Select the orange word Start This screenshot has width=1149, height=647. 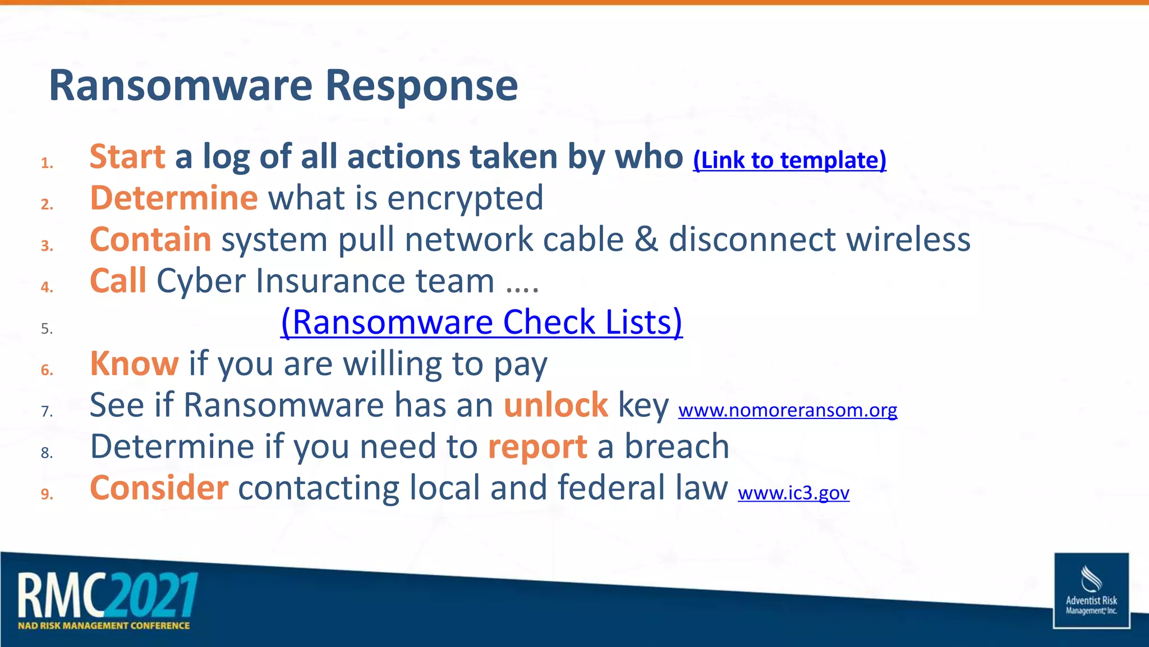tap(127, 157)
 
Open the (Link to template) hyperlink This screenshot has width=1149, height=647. tap(789, 161)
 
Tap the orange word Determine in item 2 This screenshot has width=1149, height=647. tap(174, 198)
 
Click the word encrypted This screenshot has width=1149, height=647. tap(465, 199)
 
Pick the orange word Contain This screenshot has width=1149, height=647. tap(150, 240)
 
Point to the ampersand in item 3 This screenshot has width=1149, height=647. tap(646, 240)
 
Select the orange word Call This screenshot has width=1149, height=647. tap(118, 281)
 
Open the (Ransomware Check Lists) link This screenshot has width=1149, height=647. tap(481, 322)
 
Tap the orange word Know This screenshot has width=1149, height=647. tap(134, 364)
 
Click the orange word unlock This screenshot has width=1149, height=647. tap(555, 405)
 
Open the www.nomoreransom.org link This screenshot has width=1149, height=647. tap(788, 411)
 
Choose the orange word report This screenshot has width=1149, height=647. tap(537, 447)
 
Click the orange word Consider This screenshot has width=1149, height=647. tap(159, 488)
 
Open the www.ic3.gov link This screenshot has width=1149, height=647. tap(793, 493)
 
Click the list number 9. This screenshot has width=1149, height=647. tap(47, 494)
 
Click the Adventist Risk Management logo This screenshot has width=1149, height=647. tap(1091, 590)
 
